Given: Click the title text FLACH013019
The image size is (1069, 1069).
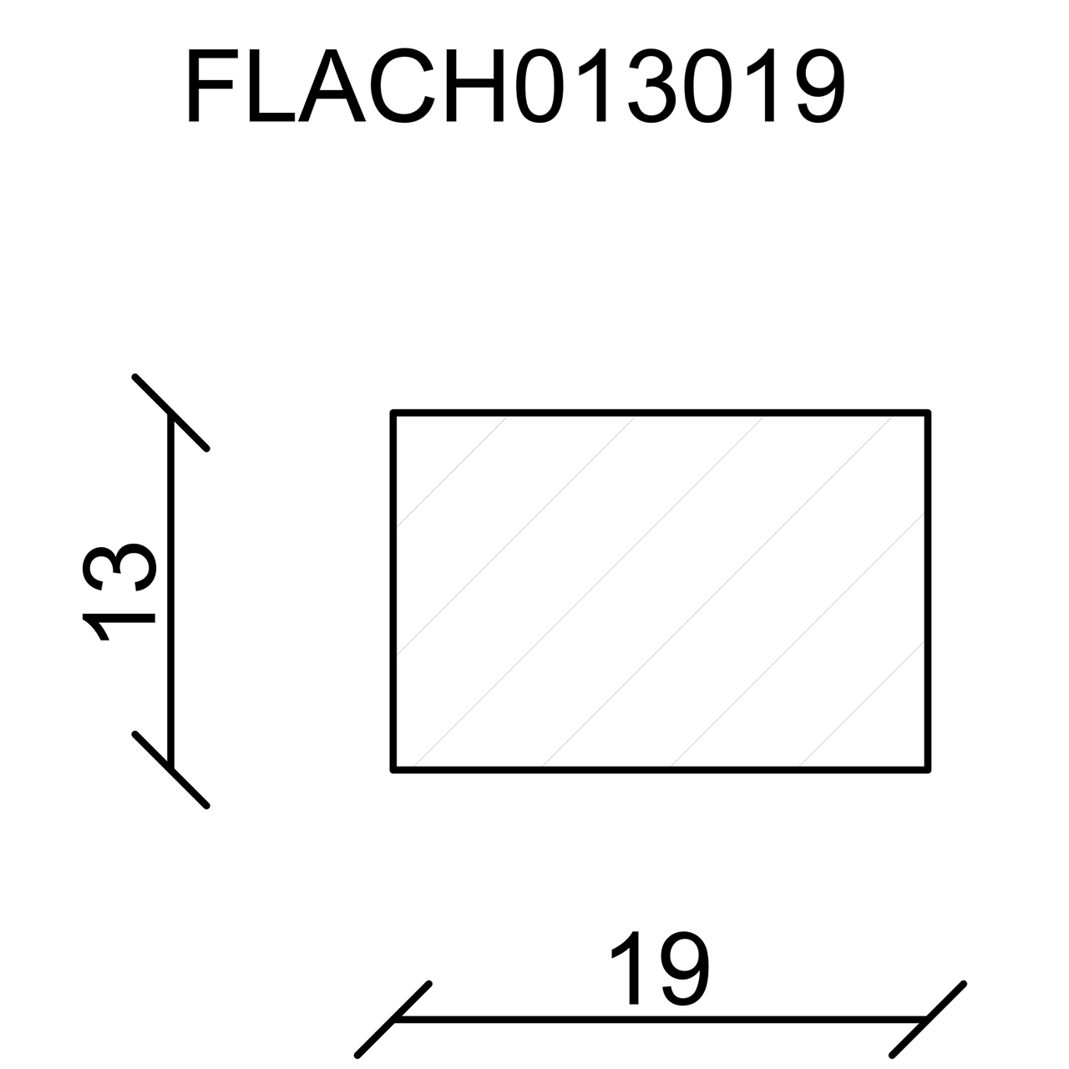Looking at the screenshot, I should coord(516,87).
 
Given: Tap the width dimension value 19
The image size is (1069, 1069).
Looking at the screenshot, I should coord(660,969).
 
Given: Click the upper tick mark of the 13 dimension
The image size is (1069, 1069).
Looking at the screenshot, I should coord(170,413).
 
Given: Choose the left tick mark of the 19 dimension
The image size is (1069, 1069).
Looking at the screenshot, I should coord(393,1019).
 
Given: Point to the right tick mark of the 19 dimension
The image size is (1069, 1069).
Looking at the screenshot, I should coord(927,1019).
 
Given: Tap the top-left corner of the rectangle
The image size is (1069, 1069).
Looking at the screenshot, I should coord(393,413).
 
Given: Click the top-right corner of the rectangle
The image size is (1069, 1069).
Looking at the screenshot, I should coord(928,413).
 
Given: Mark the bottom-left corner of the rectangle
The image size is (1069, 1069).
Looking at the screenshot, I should coord(393,769).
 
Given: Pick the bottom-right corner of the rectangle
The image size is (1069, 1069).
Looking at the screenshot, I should coord(928,769).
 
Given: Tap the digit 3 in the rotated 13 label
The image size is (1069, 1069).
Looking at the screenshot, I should coord(119,568).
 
